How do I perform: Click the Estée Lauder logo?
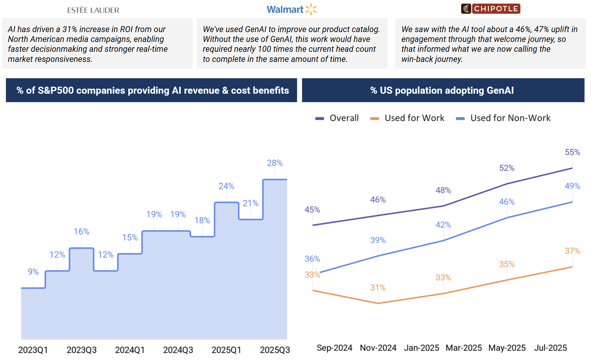pyautogui.click(x=93, y=10)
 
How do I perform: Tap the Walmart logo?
pyautogui.click(x=292, y=9)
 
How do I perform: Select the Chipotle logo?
pyautogui.click(x=491, y=9)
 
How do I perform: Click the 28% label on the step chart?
pyautogui.click(x=275, y=163)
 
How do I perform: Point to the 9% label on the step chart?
pyautogui.click(x=33, y=272)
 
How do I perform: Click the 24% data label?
pyautogui.click(x=226, y=186)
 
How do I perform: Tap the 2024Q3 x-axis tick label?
pyautogui.click(x=178, y=350)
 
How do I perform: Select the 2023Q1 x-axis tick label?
pyautogui.click(x=33, y=350)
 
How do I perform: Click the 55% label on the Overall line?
pyautogui.click(x=572, y=152)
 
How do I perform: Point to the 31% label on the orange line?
pyautogui.click(x=378, y=288)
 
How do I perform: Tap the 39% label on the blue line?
pyautogui.click(x=378, y=240)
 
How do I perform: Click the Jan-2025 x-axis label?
pyautogui.click(x=421, y=348)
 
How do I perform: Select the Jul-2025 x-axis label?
pyautogui.click(x=551, y=348)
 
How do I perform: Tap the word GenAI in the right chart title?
pyautogui.click(x=500, y=90)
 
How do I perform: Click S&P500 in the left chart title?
pyautogui.click(x=56, y=90)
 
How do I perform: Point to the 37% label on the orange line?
pyautogui.click(x=572, y=251)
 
